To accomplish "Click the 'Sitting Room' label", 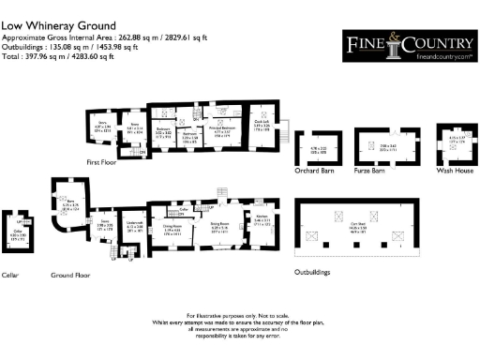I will tap(220, 224).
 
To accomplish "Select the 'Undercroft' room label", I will tap(134, 224).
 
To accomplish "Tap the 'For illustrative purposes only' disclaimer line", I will tap(240, 315).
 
